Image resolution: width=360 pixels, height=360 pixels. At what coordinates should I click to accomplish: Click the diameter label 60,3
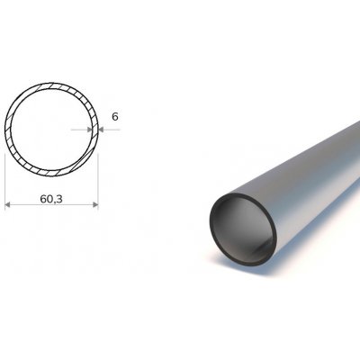[51, 199]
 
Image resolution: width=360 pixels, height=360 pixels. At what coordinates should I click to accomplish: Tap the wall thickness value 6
[115, 117]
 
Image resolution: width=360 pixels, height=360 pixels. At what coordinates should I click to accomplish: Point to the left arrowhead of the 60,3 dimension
[8, 204]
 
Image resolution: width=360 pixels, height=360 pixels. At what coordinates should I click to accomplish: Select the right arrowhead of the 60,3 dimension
[95, 204]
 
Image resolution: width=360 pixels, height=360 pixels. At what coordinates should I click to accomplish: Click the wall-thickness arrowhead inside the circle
[89, 130]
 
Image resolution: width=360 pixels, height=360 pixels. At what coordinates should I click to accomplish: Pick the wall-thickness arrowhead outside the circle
[102, 130]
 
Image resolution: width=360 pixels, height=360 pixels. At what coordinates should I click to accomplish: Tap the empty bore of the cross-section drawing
[51, 129]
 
